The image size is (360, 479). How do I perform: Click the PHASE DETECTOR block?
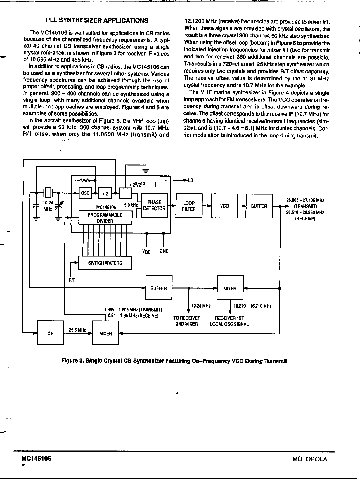154,205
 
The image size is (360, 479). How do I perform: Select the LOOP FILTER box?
189,206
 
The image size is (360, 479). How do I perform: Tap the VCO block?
224,206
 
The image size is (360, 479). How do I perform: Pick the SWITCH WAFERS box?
105,263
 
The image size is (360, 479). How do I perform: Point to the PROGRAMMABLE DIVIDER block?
105,218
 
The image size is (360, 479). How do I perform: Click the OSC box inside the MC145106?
85,193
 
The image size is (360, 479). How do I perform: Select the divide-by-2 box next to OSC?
105,193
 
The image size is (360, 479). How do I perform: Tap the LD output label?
191,180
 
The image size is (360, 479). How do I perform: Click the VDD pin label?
146,251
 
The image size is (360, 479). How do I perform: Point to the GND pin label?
164,251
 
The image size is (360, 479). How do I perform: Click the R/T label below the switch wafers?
72,280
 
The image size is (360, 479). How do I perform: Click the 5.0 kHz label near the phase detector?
131,205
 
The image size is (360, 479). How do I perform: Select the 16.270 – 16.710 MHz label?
252,306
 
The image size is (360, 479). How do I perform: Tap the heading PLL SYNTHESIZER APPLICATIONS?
97,20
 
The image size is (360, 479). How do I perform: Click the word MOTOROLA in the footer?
310,459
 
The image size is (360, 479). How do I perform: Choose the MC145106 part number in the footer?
34,459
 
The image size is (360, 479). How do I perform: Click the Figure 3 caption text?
174,361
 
